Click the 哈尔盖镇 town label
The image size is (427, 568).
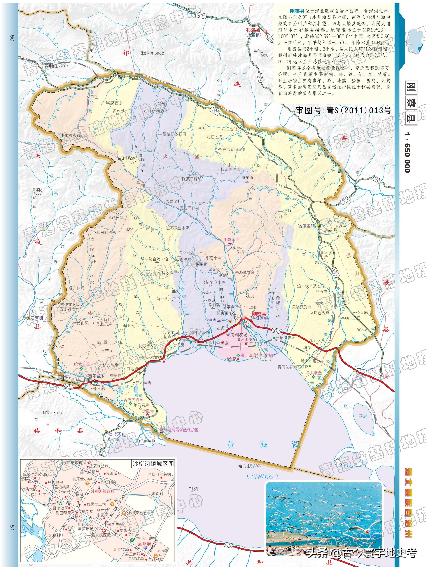tap(306, 226)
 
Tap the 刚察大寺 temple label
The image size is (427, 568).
tap(231, 239)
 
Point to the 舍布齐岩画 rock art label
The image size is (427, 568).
tap(133, 400)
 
